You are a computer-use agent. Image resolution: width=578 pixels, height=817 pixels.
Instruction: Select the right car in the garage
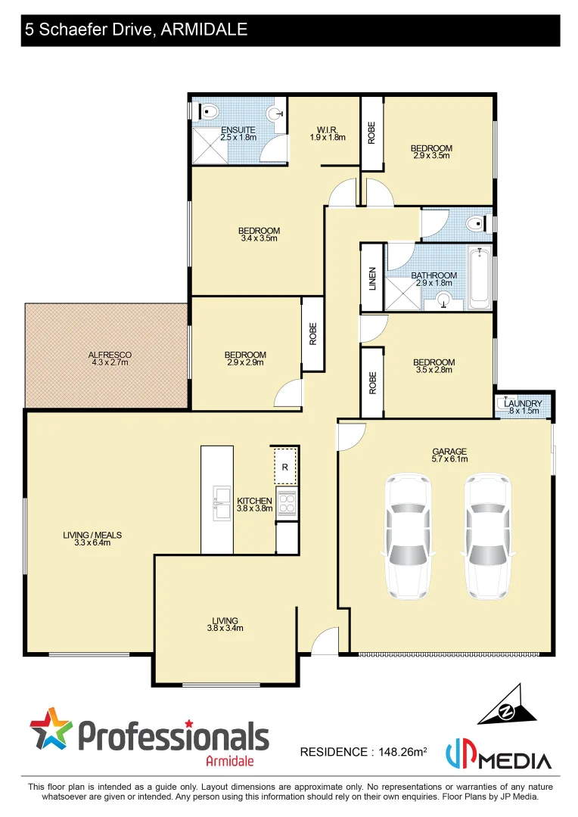click(x=487, y=534)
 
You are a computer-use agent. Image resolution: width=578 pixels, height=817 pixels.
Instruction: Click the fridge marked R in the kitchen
click(x=284, y=467)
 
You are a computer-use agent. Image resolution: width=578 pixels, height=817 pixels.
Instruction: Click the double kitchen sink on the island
click(x=222, y=503)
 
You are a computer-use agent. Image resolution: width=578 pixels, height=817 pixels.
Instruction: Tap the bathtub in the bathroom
click(x=479, y=278)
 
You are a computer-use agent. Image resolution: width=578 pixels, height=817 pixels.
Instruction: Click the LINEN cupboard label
click(x=372, y=278)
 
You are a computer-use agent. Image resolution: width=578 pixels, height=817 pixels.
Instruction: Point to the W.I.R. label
click(x=327, y=133)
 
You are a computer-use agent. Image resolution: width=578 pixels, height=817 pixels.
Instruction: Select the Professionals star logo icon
click(x=51, y=730)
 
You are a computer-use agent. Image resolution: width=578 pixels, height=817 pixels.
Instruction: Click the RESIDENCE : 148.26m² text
click(x=363, y=752)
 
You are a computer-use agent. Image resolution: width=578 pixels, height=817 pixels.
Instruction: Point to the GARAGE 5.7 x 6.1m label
click(x=449, y=454)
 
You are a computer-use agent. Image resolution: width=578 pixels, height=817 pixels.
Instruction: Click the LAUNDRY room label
click(x=522, y=407)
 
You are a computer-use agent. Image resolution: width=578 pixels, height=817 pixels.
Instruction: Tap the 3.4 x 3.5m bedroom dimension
click(x=259, y=238)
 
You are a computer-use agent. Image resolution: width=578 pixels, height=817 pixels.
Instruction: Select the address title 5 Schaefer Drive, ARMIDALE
click(x=136, y=30)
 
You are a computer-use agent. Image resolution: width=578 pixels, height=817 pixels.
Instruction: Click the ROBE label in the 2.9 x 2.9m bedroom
click(x=312, y=334)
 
